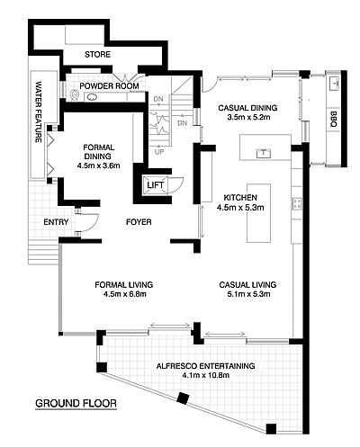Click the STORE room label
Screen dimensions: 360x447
coord(97,55)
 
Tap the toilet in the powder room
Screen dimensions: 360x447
coord(75,95)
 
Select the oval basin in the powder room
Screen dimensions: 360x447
coord(92,97)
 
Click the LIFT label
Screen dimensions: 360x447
coord(156,185)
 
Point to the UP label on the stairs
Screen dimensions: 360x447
coord(159,152)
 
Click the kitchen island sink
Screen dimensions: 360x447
coord(263,153)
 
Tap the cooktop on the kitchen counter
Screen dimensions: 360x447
coord(297,204)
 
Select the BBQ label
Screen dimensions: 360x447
coord(333,119)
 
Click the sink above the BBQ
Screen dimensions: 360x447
coord(334,84)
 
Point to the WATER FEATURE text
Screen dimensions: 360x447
coord(39,112)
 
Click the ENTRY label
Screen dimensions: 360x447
coord(56,222)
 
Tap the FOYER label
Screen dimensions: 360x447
coord(139,222)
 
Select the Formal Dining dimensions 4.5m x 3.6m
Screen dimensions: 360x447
coord(98,165)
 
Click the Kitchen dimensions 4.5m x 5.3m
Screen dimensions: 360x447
coord(240,207)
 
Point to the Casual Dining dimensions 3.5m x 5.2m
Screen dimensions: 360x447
coord(248,117)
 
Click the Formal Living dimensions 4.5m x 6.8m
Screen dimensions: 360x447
coord(125,294)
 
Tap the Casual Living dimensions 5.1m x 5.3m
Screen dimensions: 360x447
coord(248,294)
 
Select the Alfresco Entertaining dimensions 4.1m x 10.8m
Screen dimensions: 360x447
coord(205,375)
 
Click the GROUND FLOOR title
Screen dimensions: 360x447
coord(76,403)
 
